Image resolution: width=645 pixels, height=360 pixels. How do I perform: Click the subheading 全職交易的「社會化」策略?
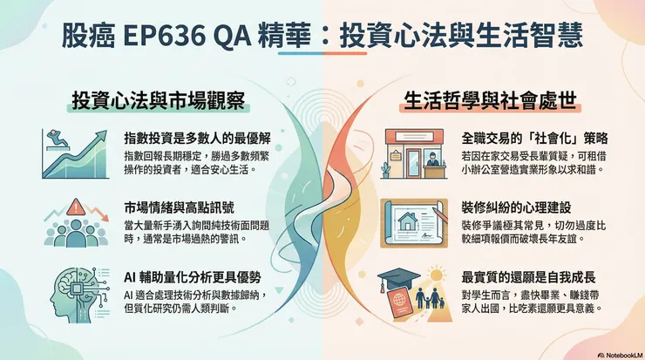click(x=534, y=139)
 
